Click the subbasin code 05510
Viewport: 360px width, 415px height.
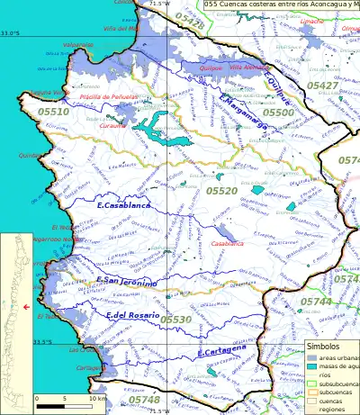(52, 112)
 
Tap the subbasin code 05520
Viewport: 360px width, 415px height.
(221, 191)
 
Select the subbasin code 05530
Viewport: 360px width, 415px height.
(175, 320)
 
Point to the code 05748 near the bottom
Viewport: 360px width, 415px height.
(143, 399)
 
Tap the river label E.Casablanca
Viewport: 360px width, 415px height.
(121, 206)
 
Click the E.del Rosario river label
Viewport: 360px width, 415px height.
(132, 316)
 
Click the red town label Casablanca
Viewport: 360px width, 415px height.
(227, 243)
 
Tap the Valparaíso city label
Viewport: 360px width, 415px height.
(53, 44)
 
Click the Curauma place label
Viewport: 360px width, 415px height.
(112, 126)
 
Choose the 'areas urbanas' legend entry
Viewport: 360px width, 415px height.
(332, 357)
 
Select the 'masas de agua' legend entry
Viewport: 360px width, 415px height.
(333, 366)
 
